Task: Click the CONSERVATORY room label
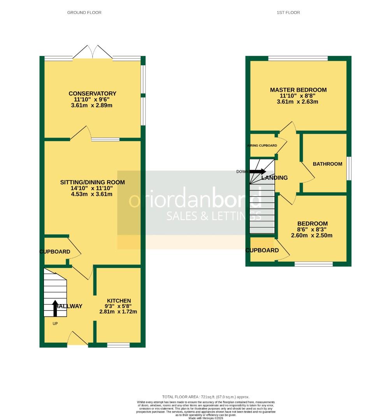tap(92, 93)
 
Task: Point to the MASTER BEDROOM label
tap(298, 90)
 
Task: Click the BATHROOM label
tap(327, 164)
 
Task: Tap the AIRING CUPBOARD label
tap(262, 145)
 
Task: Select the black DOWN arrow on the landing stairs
tap(258, 171)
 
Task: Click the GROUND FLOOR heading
tap(84, 12)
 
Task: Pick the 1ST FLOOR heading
tap(288, 12)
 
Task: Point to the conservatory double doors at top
tap(93, 53)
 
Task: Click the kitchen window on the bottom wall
tap(118, 345)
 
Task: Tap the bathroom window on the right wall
tap(349, 168)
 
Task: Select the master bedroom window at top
tap(298, 59)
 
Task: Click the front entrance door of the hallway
tap(78, 339)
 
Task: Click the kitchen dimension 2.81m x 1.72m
tap(119, 311)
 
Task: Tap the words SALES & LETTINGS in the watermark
tap(214, 216)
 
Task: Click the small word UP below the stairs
tap(55, 323)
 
